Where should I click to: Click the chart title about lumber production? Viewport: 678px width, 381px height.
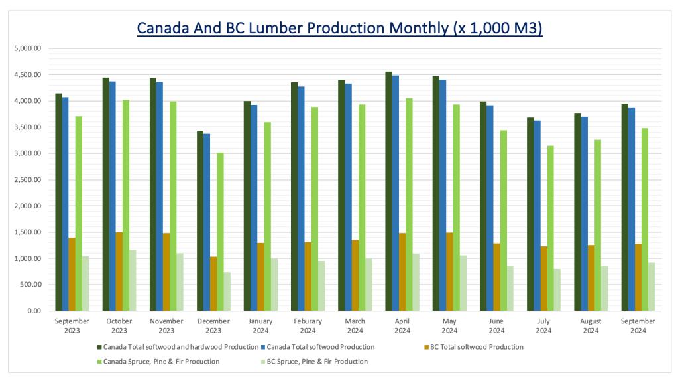(339, 29)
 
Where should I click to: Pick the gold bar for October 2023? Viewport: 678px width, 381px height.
(119, 271)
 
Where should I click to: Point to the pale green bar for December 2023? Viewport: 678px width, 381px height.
(227, 291)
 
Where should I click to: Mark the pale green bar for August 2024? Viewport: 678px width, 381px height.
(604, 288)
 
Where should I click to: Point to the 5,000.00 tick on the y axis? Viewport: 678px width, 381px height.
(28, 48)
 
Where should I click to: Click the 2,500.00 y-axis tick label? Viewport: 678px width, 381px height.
(28, 180)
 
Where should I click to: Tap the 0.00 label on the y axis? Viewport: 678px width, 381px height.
(34, 311)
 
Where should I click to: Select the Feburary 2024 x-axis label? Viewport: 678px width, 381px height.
(308, 326)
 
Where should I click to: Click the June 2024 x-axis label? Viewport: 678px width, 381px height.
(497, 326)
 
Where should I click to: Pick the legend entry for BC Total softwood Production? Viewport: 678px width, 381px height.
(473, 347)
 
